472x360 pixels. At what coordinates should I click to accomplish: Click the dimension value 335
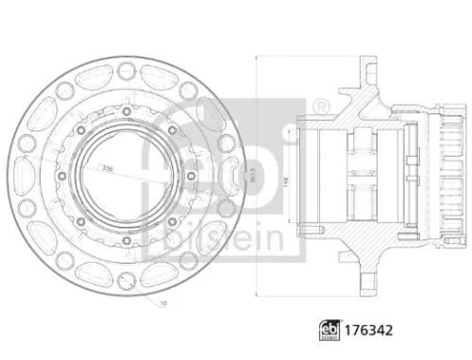[111, 167]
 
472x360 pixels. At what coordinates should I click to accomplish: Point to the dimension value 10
[162, 303]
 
